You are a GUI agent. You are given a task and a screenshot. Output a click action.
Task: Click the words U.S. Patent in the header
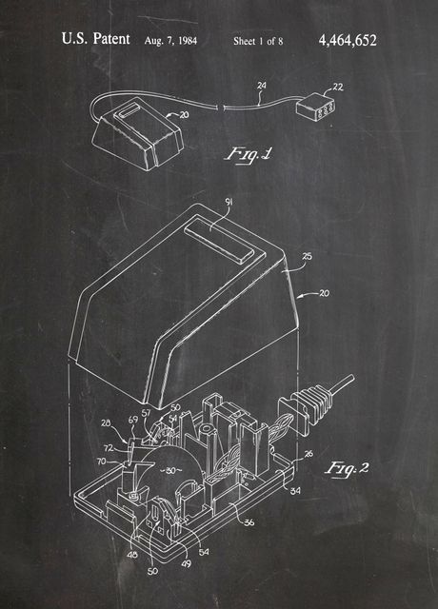(x=95, y=40)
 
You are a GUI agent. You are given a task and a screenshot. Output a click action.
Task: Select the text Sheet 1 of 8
(x=259, y=41)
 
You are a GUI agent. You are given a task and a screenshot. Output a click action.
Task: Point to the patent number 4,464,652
(x=348, y=40)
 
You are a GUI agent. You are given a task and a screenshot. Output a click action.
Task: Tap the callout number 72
(x=108, y=446)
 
